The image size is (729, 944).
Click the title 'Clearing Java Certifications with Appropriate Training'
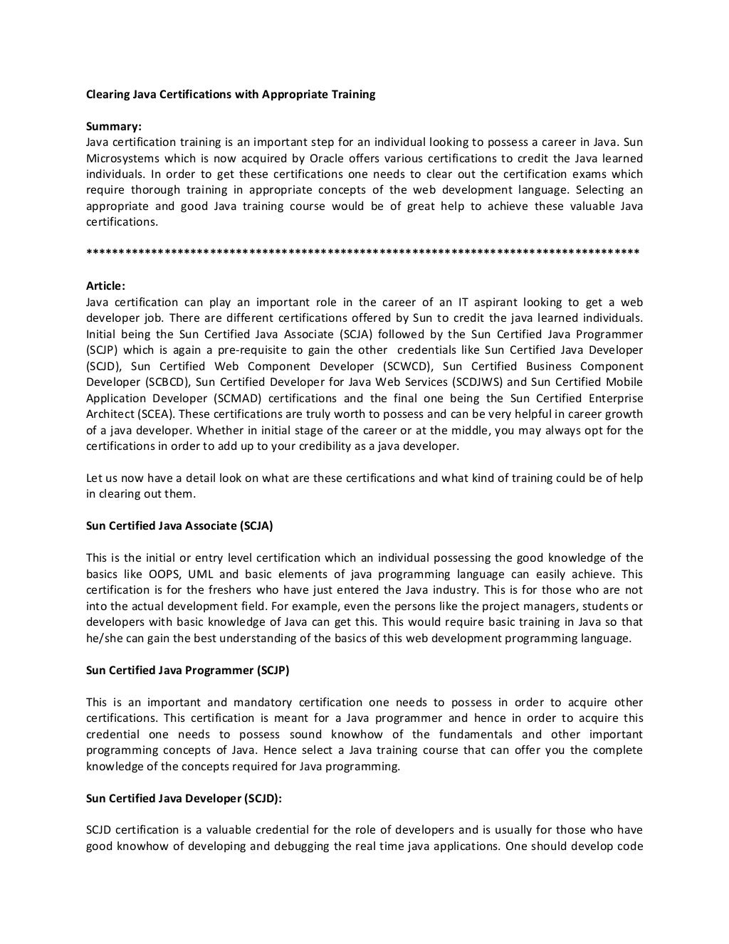click(x=231, y=94)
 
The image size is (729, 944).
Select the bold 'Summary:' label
click(x=114, y=127)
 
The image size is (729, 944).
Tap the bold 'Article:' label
click(x=105, y=286)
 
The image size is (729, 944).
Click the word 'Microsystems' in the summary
click(x=121, y=159)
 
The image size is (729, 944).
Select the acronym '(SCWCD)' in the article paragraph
click(x=407, y=367)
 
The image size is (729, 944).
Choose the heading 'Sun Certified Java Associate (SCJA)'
click(x=179, y=526)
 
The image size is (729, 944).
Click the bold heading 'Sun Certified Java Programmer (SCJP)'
click(x=188, y=671)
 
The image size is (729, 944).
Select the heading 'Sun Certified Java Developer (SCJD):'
click(x=184, y=799)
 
